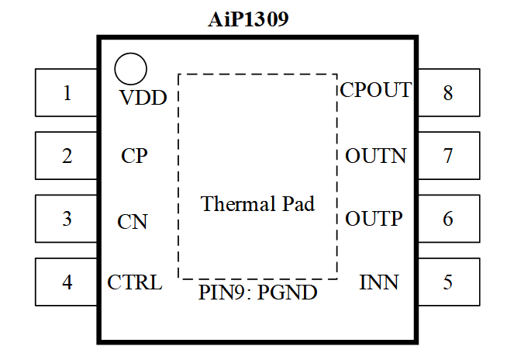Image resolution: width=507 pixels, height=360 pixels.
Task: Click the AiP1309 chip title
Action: click(248, 19)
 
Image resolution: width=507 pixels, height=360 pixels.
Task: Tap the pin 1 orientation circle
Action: click(130, 69)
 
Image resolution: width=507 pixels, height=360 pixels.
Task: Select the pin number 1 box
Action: click(66, 93)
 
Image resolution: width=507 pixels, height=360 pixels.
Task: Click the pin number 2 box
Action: click(66, 156)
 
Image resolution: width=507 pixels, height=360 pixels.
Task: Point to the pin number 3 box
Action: click(66, 219)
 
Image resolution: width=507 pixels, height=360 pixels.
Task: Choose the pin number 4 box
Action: click(66, 282)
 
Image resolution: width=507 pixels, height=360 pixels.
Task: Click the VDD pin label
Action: click(143, 99)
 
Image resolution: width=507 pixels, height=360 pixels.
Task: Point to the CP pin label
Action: click(134, 156)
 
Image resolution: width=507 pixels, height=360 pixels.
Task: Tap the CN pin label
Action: click(133, 222)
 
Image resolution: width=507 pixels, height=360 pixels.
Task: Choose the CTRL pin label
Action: click(135, 282)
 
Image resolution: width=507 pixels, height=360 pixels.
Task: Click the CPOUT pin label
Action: click(376, 90)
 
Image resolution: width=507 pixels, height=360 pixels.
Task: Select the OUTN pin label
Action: click(376, 156)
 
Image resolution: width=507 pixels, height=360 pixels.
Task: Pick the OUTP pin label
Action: click(374, 219)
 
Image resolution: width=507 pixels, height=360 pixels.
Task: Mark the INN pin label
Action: click(379, 282)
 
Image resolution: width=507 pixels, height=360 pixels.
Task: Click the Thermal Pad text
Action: click(258, 204)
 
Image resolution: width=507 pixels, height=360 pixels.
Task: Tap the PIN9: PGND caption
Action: click(258, 293)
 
